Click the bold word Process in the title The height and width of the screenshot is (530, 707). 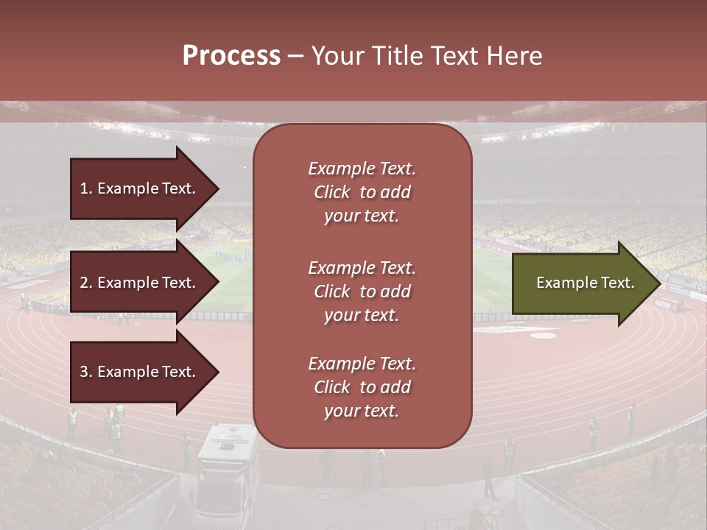231,56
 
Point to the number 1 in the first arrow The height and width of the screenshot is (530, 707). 83,188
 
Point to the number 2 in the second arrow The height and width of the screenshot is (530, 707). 84,283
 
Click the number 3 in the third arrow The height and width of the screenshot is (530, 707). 84,372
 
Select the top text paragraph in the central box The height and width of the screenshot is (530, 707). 362,192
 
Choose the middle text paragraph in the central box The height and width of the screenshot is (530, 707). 362,291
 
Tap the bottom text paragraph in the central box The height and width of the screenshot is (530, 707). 362,387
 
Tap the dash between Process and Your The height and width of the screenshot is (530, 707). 295,56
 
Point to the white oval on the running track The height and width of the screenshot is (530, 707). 544,336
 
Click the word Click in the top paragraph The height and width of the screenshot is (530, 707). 332,192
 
